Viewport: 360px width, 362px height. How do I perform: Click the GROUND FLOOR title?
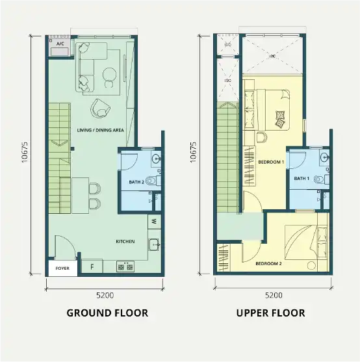tap(107, 313)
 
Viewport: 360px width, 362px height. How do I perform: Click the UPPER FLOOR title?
tap(271, 313)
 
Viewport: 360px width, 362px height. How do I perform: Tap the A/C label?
tap(60, 44)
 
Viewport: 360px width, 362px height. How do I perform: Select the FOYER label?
tap(62, 268)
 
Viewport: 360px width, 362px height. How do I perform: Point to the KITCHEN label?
tap(125, 242)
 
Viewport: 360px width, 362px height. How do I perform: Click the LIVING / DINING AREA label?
tap(100, 130)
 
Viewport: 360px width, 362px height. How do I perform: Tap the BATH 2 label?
tap(136, 182)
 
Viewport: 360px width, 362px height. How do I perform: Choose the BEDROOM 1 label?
tap(271, 162)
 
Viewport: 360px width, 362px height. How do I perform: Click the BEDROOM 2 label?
tap(268, 263)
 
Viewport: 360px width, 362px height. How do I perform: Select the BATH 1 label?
tap(302, 179)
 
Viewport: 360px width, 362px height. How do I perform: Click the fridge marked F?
tap(92, 267)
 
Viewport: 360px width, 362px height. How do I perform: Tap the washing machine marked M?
tap(155, 221)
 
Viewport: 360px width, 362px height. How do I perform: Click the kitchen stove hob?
tap(125, 266)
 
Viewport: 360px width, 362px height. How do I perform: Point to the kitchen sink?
tap(154, 245)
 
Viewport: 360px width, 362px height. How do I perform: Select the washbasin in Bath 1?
tap(325, 158)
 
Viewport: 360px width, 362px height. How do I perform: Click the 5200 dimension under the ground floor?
tap(105, 295)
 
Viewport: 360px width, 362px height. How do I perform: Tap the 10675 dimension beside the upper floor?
tap(193, 152)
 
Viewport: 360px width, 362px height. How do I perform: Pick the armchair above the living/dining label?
tap(100, 109)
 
